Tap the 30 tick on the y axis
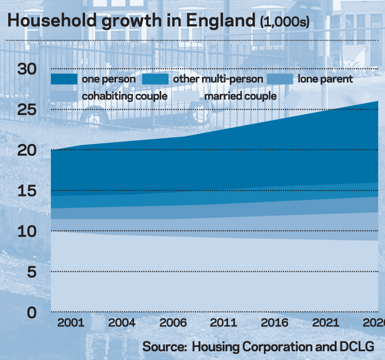[27, 69]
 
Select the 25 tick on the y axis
[27, 110]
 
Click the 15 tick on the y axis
[27, 191]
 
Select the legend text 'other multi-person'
[218, 79]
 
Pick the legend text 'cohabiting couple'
[124, 96]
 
